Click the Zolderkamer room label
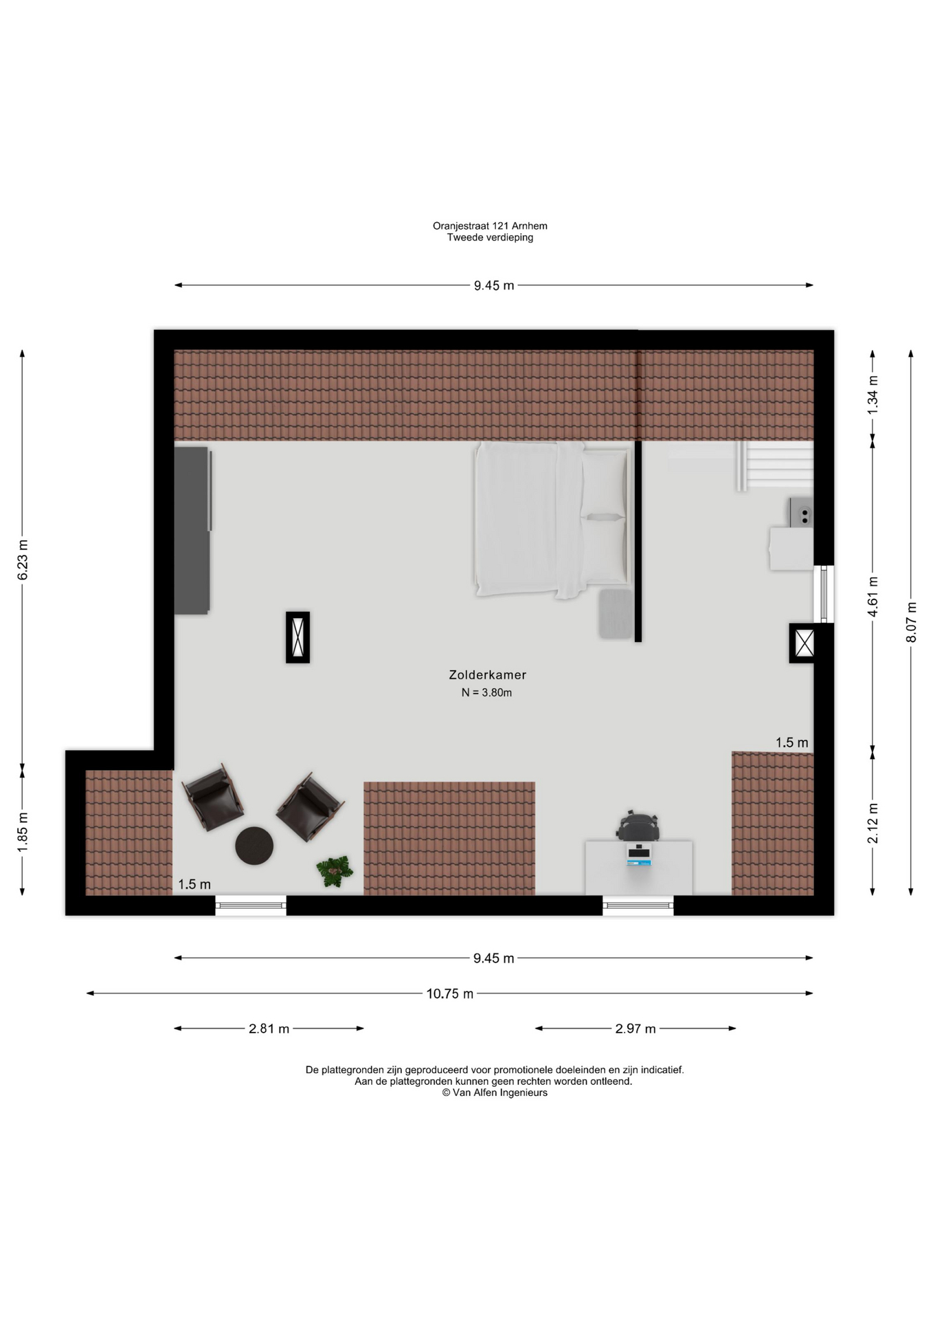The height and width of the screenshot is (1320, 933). tap(487, 675)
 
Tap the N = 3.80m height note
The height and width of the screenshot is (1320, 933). tap(486, 693)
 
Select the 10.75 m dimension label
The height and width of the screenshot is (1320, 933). tap(449, 993)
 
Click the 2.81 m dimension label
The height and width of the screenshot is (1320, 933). tap(269, 1028)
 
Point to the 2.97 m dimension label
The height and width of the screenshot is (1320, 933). tap(636, 1028)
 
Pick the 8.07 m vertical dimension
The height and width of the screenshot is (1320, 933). tap(911, 622)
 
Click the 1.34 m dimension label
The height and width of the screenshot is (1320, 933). tap(873, 395)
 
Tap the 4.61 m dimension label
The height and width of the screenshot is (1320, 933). tap(873, 595)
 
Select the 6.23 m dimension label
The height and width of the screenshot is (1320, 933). tap(23, 560)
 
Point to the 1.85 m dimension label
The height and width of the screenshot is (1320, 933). tap(23, 832)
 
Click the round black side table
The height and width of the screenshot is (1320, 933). tap(254, 846)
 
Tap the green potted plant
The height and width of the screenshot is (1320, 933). tap(335, 871)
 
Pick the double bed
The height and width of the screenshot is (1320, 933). tap(552, 519)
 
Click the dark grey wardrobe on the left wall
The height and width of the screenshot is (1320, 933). tap(192, 530)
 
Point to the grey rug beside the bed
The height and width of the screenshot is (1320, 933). tap(616, 614)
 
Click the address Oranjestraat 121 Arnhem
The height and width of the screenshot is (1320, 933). tap(490, 225)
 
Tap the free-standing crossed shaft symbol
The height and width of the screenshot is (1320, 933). tap(297, 637)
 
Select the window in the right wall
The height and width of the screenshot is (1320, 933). tap(824, 594)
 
